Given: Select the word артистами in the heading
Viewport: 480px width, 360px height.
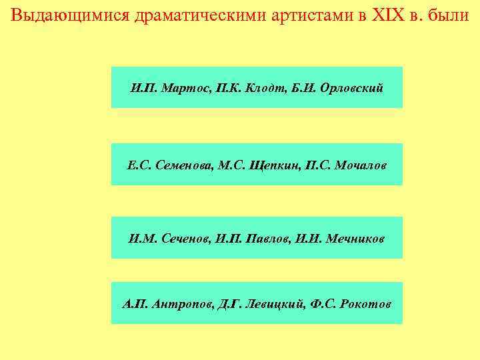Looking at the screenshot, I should [311, 15].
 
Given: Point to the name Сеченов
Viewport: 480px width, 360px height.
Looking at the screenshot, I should [183, 238].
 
